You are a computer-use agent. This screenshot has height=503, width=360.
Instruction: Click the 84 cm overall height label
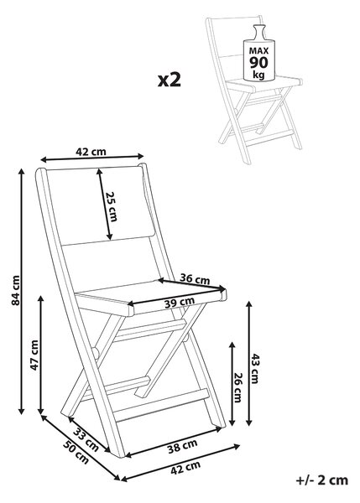(15, 290)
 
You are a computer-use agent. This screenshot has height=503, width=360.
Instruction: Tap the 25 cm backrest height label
(112, 206)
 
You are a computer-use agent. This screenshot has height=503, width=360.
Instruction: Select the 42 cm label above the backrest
(91, 151)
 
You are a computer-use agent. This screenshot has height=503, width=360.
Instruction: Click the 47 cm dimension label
(34, 355)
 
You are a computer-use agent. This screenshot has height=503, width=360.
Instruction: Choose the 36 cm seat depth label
(195, 278)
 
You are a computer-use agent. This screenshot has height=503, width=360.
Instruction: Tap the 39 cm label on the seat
(180, 302)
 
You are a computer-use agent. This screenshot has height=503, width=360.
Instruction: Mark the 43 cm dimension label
(254, 369)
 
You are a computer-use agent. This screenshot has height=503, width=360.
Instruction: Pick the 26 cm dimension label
(238, 387)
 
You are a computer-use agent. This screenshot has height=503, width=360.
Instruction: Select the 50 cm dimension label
(76, 453)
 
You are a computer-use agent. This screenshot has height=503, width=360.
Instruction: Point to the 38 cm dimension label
(182, 446)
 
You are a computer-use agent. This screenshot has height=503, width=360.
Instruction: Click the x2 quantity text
(170, 80)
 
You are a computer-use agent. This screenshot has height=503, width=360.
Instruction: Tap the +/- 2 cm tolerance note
(321, 480)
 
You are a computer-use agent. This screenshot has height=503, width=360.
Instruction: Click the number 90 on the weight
(258, 62)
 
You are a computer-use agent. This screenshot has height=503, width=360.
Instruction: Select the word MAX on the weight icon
(258, 50)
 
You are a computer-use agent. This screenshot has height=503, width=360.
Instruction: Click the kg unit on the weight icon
(258, 75)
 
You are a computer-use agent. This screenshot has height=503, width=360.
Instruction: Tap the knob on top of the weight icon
(258, 32)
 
